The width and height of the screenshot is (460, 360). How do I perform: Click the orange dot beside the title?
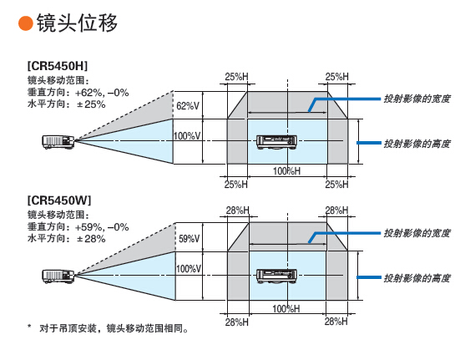point(26,23)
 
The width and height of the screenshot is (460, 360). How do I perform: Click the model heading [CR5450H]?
point(58,66)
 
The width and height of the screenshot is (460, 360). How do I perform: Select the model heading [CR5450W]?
point(59,200)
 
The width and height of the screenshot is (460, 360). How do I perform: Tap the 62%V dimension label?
point(188,105)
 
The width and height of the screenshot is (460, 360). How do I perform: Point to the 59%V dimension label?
point(189,239)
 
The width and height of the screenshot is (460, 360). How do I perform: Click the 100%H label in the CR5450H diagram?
point(286,170)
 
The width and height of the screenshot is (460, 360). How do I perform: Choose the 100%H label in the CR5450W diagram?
point(286,308)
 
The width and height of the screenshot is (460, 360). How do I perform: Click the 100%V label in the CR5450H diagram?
point(187,136)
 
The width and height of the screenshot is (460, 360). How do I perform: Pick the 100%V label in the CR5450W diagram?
point(189,268)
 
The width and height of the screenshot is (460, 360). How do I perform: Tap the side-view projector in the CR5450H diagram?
point(58,142)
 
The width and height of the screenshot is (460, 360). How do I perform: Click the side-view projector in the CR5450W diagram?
point(58,276)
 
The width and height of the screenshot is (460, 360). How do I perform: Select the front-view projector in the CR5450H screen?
point(276,143)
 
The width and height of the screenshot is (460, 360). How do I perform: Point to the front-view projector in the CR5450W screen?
point(276,276)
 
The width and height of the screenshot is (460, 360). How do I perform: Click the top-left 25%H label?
point(236,77)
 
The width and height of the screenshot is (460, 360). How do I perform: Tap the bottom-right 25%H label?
point(336,185)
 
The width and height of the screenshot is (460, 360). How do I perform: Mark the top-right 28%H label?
point(336,210)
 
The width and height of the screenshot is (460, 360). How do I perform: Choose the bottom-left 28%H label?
point(236,322)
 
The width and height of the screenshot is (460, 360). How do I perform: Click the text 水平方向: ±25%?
point(66,104)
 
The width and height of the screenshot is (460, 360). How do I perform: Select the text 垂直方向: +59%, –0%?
point(78,227)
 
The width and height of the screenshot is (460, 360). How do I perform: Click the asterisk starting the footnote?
point(29,327)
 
